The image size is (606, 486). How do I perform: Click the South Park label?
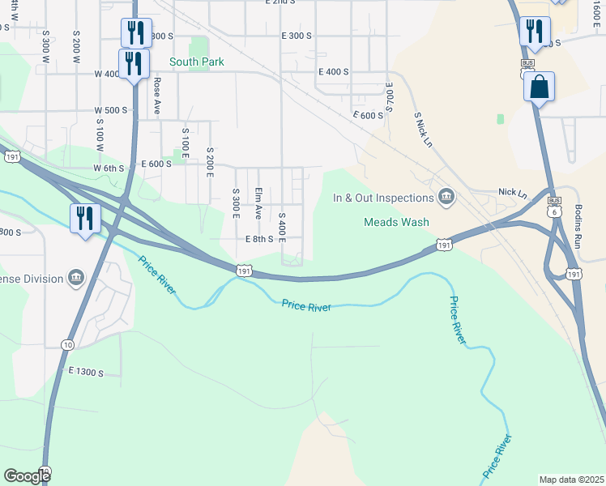click(196, 62)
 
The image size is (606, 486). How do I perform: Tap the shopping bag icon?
click(540, 87)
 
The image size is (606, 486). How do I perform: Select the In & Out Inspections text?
click(383, 198)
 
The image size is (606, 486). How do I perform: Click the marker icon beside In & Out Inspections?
click(446, 197)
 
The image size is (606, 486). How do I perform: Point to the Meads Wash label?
click(396, 222)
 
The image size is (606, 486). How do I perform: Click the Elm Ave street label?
click(258, 203)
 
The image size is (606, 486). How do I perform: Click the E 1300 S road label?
click(87, 372)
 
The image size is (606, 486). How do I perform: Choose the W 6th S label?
click(109, 168)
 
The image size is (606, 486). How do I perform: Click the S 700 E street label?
click(390, 96)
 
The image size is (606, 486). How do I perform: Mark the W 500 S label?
click(111, 110)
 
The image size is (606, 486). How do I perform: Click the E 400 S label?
click(333, 72)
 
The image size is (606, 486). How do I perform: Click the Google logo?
click(27, 476)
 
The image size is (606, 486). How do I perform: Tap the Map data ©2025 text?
click(571, 480)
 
